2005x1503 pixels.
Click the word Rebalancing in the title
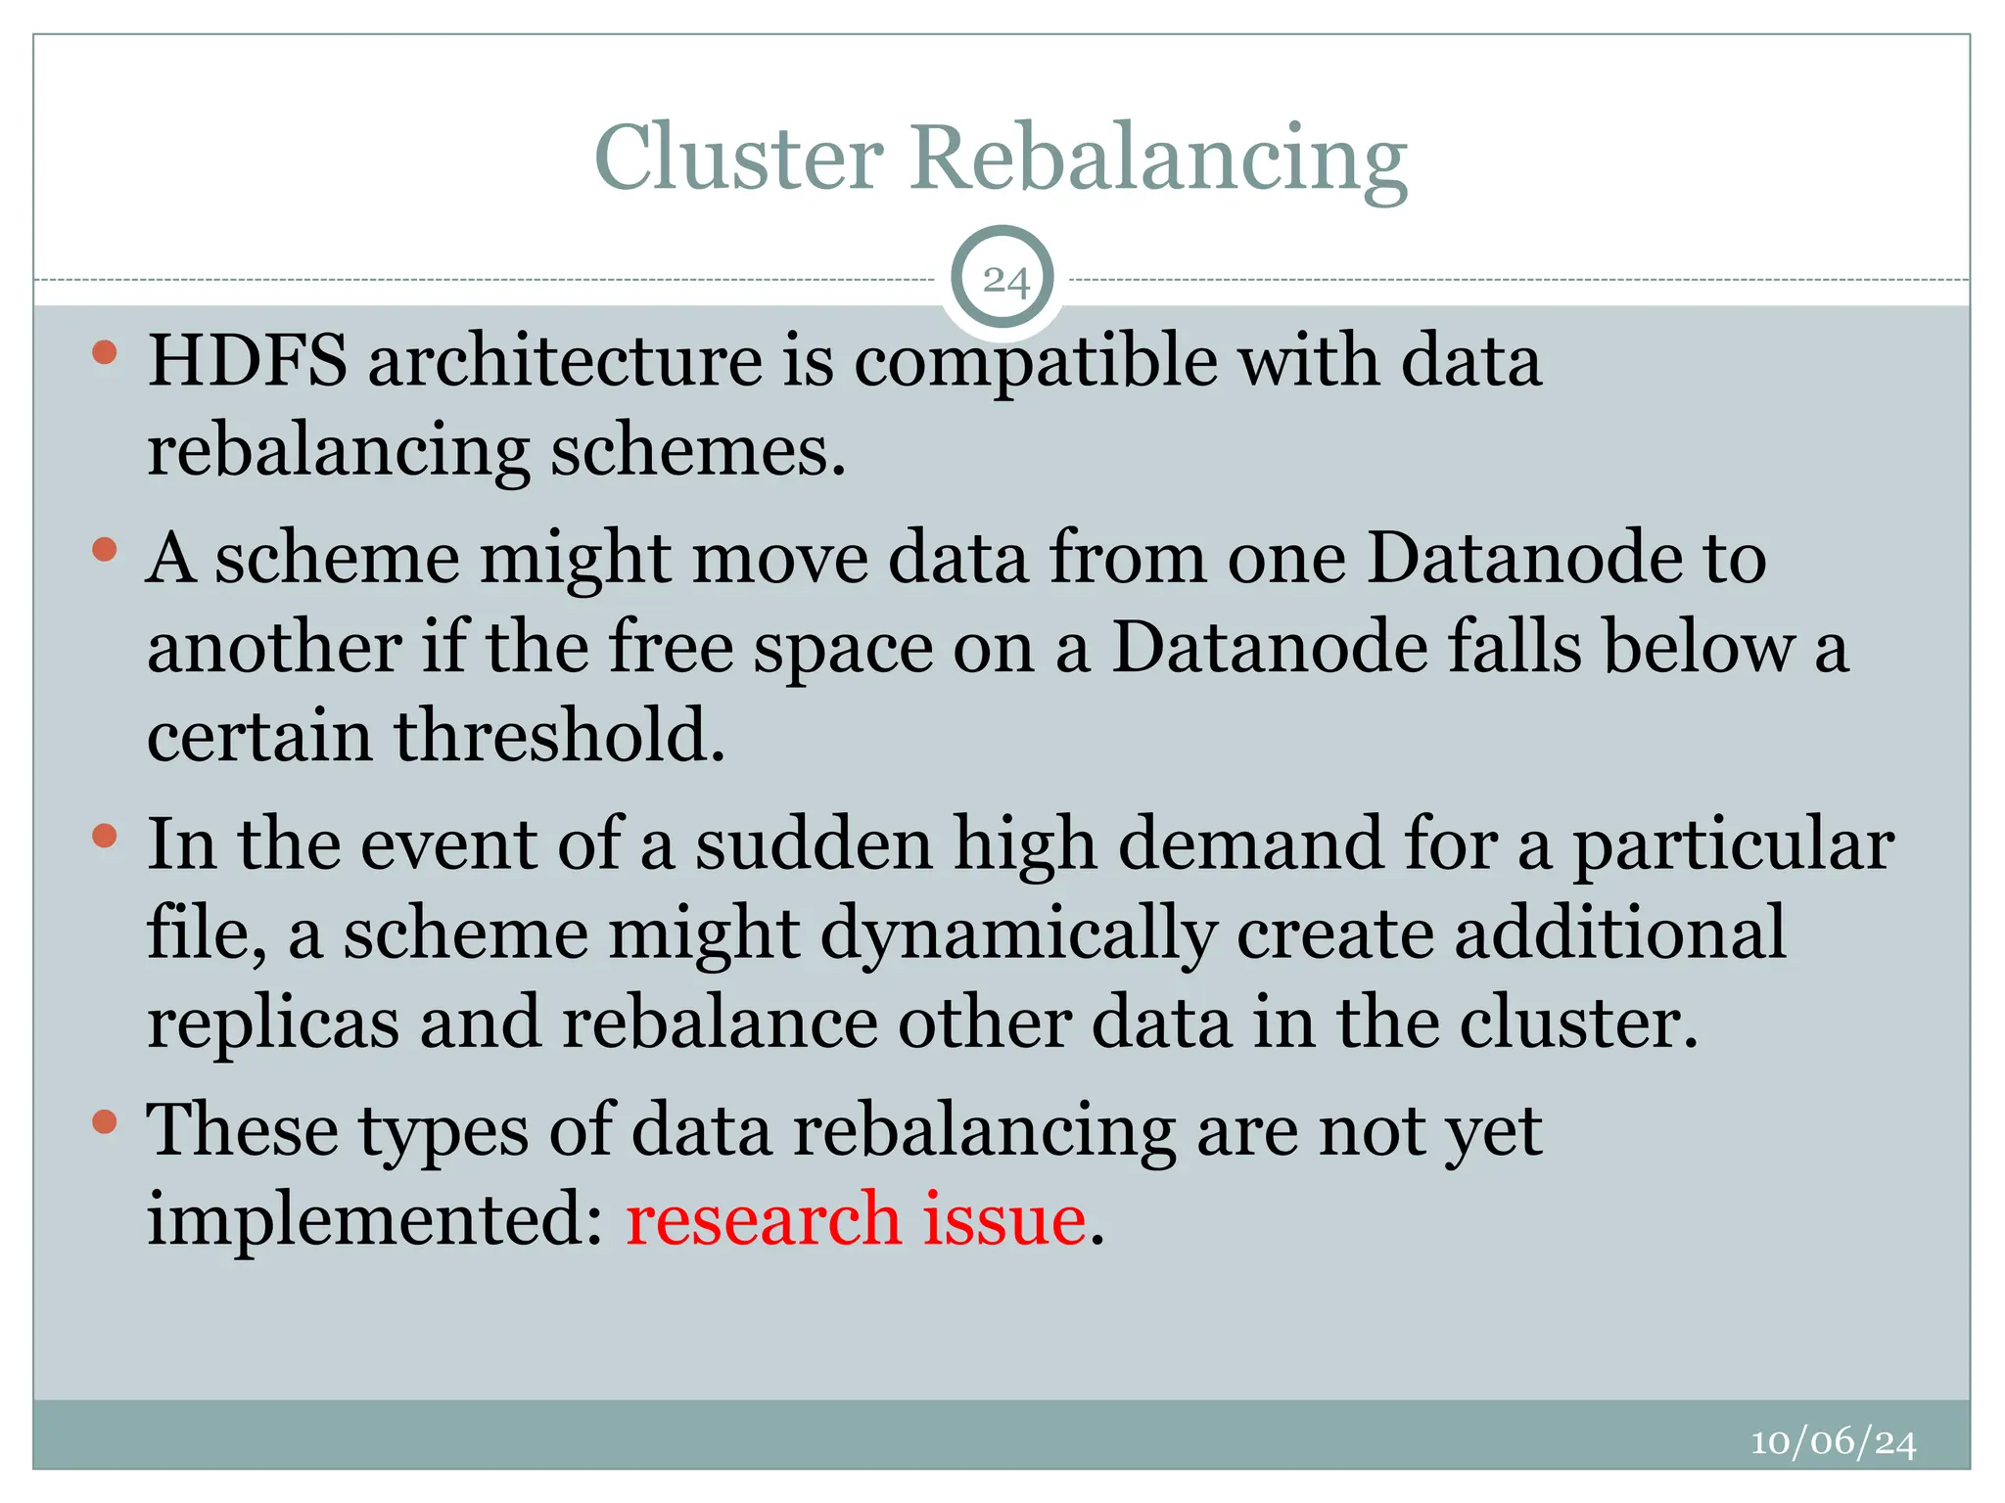[x=1158, y=159]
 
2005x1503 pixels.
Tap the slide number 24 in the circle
[x=1005, y=281]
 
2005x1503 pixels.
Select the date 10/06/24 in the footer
[x=1833, y=1441]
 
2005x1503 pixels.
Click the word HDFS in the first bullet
[x=247, y=360]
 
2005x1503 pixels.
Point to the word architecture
[x=565, y=360]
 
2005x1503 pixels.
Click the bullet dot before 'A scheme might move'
[x=105, y=550]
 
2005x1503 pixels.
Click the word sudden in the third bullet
[x=814, y=843]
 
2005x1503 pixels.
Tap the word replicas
[x=273, y=1024]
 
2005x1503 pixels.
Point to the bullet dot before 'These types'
[x=105, y=1121]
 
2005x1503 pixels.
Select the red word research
[x=763, y=1219]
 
